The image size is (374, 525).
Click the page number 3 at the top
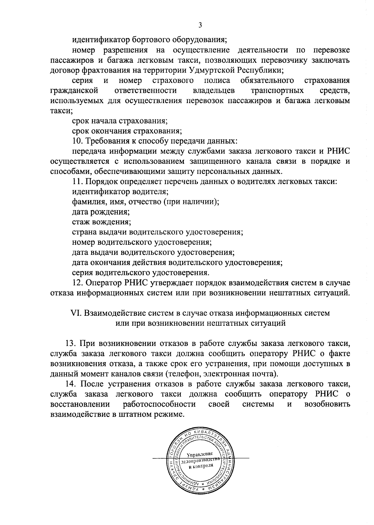pos(200,25)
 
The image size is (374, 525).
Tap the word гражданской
pos(74,91)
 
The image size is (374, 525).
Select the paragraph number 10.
pos(77,141)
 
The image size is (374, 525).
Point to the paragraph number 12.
pos(77,283)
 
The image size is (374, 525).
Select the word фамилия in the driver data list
pos(86,201)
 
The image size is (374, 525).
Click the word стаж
pos(80,222)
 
